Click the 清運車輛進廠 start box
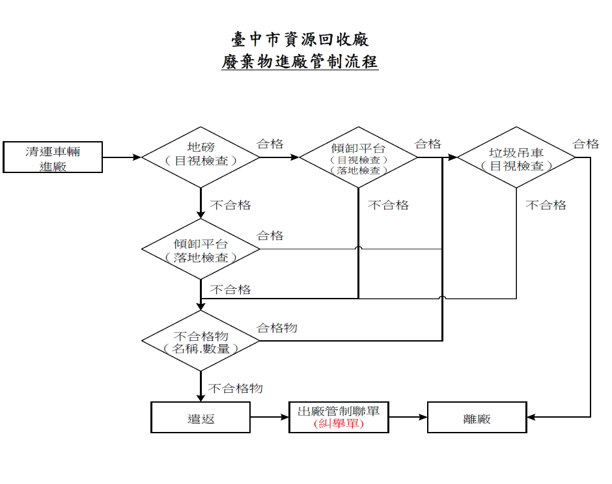click(53, 157)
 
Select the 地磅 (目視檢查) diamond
click(201, 157)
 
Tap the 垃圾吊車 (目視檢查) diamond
click(516, 157)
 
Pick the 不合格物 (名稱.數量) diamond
click(201, 341)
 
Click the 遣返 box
click(201, 417)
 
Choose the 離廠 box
click(477, 417)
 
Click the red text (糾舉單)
click(339, 423)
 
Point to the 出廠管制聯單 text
click(339, 411)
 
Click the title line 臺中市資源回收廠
click(299, 40)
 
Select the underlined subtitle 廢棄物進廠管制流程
click(299, 62)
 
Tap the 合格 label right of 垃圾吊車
click(586, 144)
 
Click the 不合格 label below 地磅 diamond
click(230, 205)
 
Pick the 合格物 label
click(277, 328)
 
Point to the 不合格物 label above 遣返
click(235, 388)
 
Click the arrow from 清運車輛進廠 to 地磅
click(122, 157)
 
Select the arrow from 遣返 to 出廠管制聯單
click(270, 417)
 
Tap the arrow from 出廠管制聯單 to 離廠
click(408, 417)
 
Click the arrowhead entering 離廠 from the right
click(531, 417)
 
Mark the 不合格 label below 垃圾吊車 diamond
click(546, 205)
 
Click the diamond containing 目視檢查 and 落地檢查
click(358, 157)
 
